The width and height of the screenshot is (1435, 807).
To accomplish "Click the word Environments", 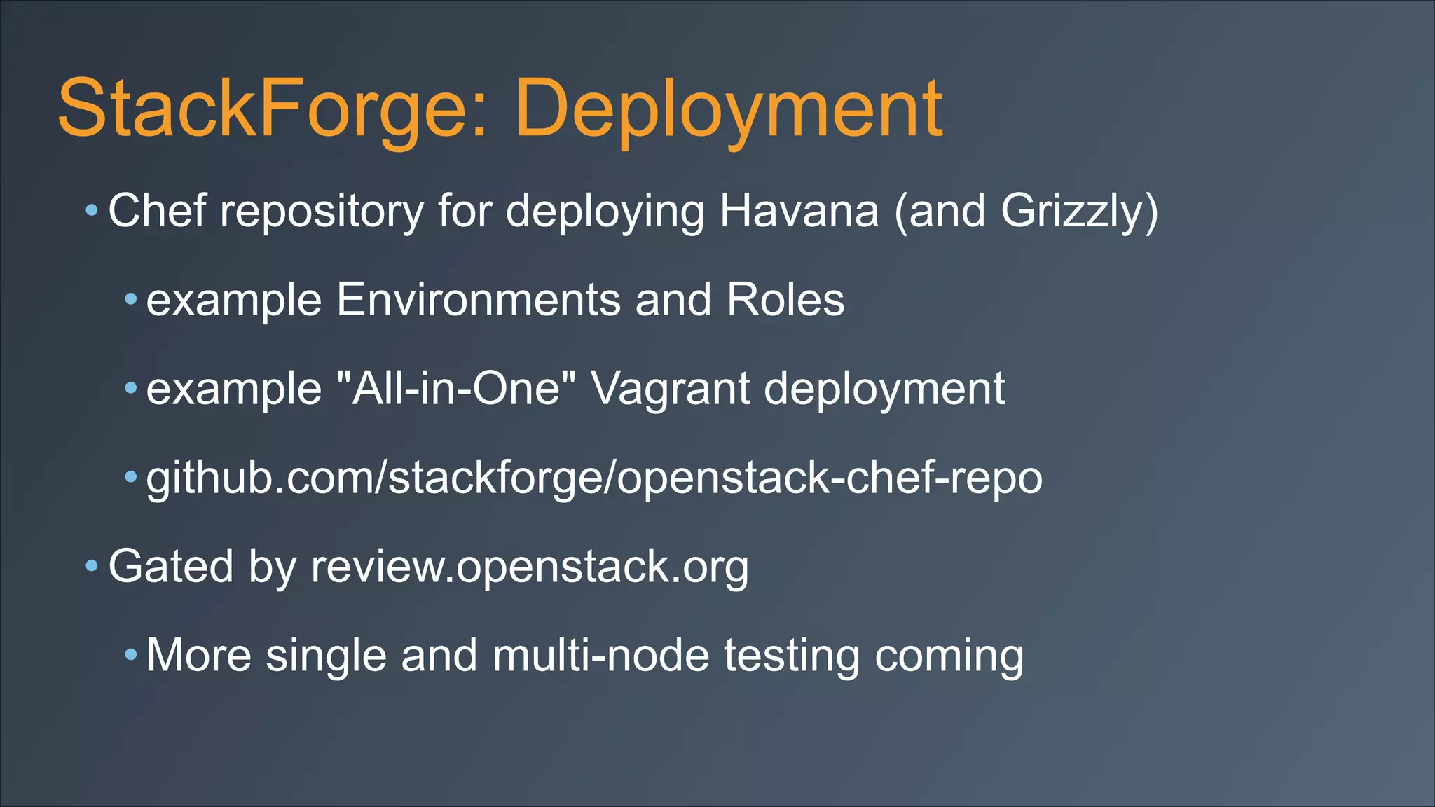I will click(478, 300).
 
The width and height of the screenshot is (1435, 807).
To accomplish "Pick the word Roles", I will click(785, 300).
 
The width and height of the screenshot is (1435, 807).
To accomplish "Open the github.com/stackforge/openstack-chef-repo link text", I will click(594, 478).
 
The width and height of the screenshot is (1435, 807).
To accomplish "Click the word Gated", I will click(171, 566).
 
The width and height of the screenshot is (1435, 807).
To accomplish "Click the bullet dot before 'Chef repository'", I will click(92, 209).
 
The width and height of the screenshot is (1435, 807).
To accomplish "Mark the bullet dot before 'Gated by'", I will click(92, 565).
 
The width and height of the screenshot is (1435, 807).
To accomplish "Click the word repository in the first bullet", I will click(322, 212).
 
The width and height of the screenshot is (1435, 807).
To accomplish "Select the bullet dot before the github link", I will click(130, 477).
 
